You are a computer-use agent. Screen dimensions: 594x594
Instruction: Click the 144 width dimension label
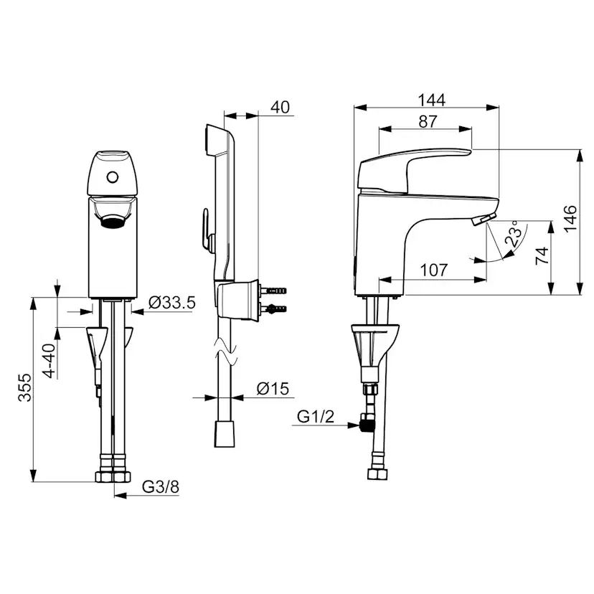431,100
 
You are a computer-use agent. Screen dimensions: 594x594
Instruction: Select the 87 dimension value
428,122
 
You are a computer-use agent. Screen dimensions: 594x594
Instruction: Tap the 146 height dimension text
570,219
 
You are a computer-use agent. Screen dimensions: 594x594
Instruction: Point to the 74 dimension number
542,255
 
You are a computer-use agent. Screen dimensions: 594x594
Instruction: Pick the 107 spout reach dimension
434,270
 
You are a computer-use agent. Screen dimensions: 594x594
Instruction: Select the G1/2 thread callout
316,416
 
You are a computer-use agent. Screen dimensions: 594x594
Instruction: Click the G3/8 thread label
160,487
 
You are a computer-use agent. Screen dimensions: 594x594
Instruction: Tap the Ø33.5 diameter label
172,303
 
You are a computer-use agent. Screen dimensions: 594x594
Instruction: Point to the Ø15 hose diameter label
273,388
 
